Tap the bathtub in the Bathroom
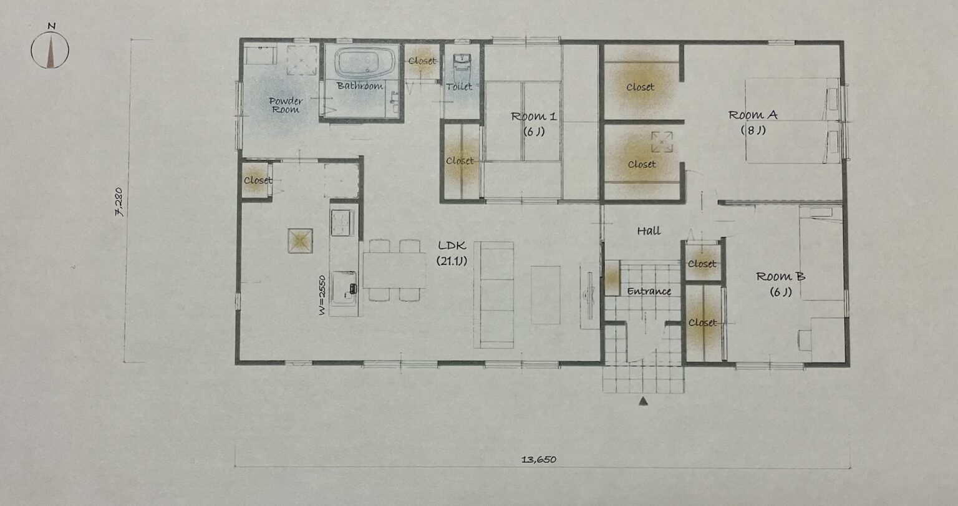pos(365,63)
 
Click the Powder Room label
pos(286,105)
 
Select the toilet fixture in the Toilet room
pos(462,64)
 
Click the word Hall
pos(649,231)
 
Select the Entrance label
pos(649,292)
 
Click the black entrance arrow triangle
pos(643,401)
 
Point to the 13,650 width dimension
pos(538,460)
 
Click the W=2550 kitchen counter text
pos(322,295)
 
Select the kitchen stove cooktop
pos(342,222)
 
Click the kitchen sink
pos(344,288)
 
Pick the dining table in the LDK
pos(394,270)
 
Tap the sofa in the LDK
pos(493,295)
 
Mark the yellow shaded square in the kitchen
pos(300,241)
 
